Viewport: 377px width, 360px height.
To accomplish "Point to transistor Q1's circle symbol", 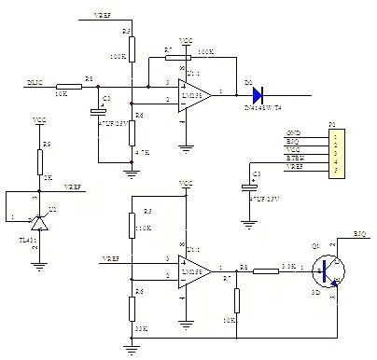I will pyautogui.click(x=326, y=270).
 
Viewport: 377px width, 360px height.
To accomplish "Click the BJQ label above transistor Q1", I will pyautogui.click(x=360, y=230).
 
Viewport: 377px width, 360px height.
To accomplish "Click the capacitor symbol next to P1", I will pyautogui.click(x=248, y=187).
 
